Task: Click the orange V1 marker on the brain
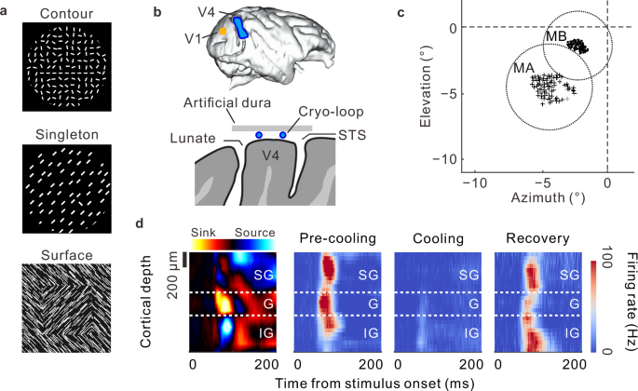coord(224,33)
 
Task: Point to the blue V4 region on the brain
coord(241,25)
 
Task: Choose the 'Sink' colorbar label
coord(203,230)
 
